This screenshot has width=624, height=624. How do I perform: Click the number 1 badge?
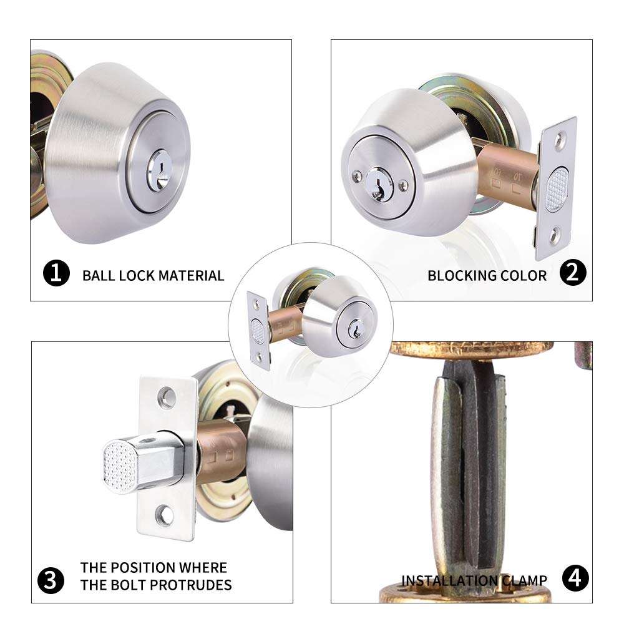click(x=56, y=275)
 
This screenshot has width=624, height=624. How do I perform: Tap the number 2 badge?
click(x=572, y=275)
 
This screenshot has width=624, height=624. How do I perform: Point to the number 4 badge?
click(x=575, y=580)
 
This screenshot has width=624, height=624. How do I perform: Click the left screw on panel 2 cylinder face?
click(x=356, y=175)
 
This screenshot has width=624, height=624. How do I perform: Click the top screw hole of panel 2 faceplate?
click(x=563, y=135)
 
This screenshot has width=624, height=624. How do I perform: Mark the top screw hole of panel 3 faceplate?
click(x=166, y=394)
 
